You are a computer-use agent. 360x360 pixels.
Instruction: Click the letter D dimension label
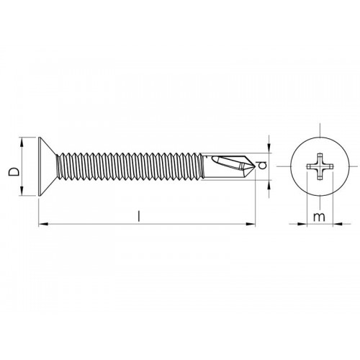click(12, 171)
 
